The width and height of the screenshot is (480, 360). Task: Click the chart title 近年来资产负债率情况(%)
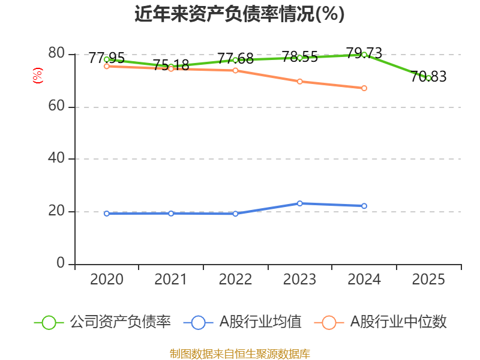[x=239, y=14]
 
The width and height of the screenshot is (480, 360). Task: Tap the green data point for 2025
[x=428, y=78]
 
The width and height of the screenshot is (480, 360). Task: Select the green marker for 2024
[x=364, y=55]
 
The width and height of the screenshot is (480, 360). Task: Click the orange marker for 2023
[x=299, y=82]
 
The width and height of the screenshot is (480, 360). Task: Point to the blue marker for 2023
[x=299, y=203]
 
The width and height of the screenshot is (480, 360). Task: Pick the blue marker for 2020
[x=107, y=214]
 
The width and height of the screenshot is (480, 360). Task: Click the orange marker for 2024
[x=364, y=88]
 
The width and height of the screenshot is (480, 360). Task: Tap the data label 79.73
[x=364, y=53]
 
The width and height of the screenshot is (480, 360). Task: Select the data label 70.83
[x=428, y=77]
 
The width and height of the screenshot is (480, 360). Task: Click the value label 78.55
[x=299, y=56]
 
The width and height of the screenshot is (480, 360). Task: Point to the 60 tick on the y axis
[x=56, y=106]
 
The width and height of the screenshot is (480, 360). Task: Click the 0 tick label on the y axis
[x=61, y=263]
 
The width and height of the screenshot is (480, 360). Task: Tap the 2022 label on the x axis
[x=235, y=279]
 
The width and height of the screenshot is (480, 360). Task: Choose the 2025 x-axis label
[x=428, y=279]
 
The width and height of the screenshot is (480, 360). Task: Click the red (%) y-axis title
[x=38, y=76]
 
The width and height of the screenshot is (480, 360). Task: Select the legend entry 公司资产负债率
[x=102, y=322]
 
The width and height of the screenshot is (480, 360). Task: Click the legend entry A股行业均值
[x=242, y=322]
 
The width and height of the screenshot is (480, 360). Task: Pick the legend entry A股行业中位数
[x=380, y=322]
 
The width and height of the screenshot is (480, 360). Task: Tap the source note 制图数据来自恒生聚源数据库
[x=239, y=353]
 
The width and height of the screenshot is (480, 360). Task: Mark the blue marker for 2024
[x=364, y=206]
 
